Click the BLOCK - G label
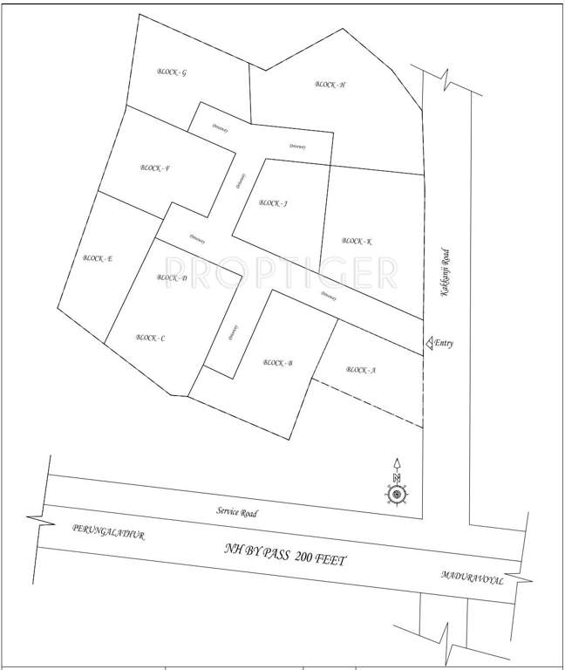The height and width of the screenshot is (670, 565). click(172, 72)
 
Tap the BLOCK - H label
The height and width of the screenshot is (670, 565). click(330, 85)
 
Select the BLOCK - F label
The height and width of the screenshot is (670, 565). click(154, 168)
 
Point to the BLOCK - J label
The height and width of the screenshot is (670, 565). click(274, 203)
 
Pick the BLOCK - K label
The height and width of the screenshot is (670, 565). click(357, 241)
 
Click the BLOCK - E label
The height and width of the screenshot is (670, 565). click(98, 258)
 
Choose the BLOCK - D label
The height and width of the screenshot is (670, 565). click(172, 278)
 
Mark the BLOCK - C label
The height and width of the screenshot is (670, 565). click(151, 338)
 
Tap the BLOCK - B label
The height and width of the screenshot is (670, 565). click(277, 363)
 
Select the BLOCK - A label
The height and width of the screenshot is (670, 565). click(360, 370)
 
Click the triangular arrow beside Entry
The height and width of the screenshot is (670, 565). click(428, 344)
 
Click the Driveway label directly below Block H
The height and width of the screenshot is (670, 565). click(297, 147)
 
